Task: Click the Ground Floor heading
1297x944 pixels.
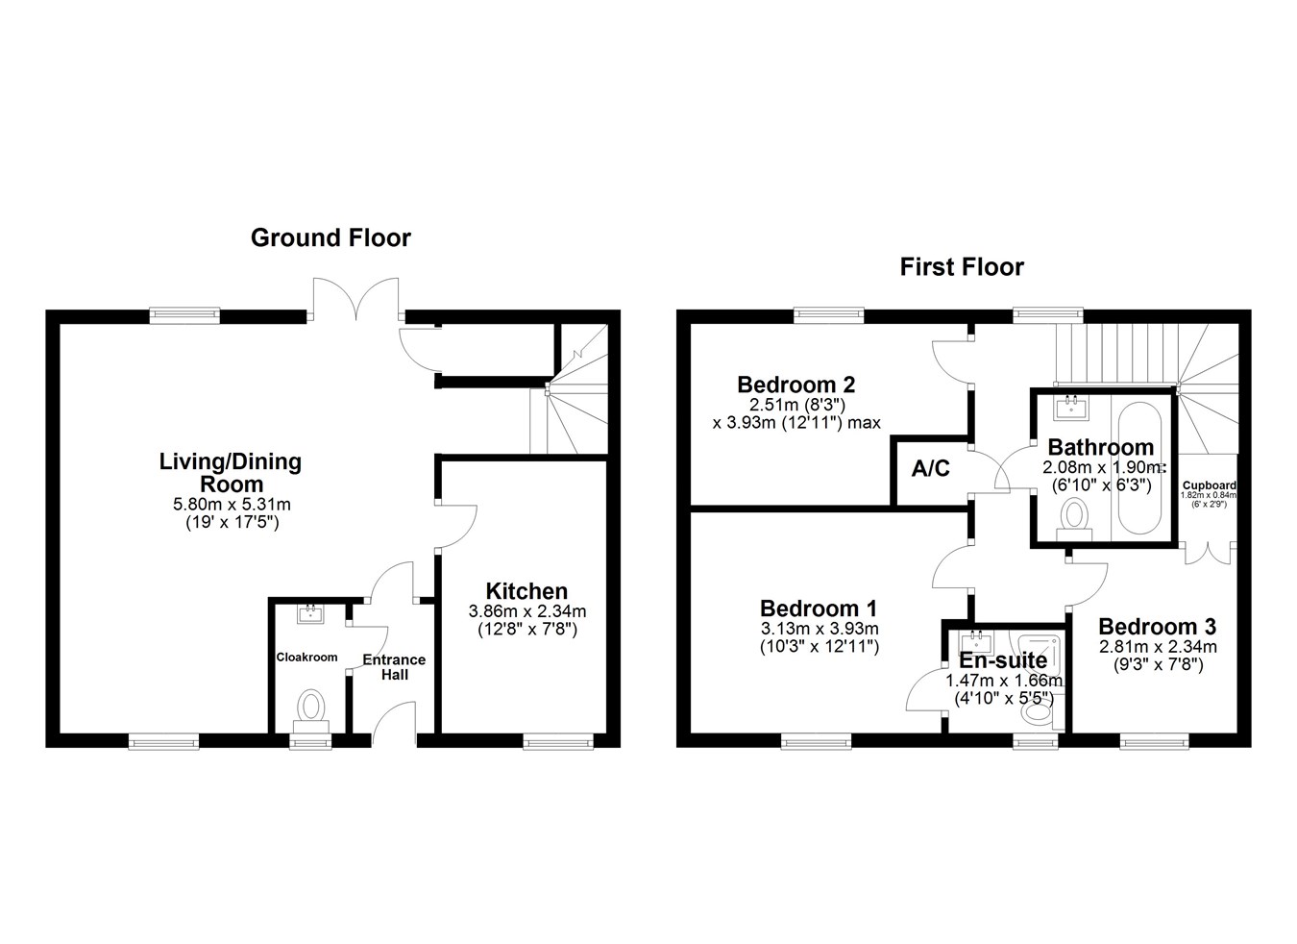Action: tap(330, 237)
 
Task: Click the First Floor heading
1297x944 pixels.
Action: tap(961, 266)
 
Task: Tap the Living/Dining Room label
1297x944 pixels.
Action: tap(230, 472)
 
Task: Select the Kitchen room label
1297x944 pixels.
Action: tap(526, 591)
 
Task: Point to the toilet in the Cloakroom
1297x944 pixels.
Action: tap(310, 708)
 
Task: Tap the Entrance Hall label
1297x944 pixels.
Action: tap(394, 666)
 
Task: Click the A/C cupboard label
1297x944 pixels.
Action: tap(930, 468)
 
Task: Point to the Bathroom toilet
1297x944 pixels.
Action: tap(1074, 520)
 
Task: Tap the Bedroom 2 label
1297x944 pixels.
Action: tap(795, 385)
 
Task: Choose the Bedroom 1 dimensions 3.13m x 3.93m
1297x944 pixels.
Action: tap(819, 629)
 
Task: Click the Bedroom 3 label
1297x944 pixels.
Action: tap(1157, 627)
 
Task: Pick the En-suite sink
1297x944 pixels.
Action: tap(976, 642)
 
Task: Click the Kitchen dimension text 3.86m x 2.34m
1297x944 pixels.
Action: tap(526, 610)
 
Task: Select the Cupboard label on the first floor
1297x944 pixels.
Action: tap(1209, 485)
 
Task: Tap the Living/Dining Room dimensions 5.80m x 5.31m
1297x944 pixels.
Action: tap(231, 504)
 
